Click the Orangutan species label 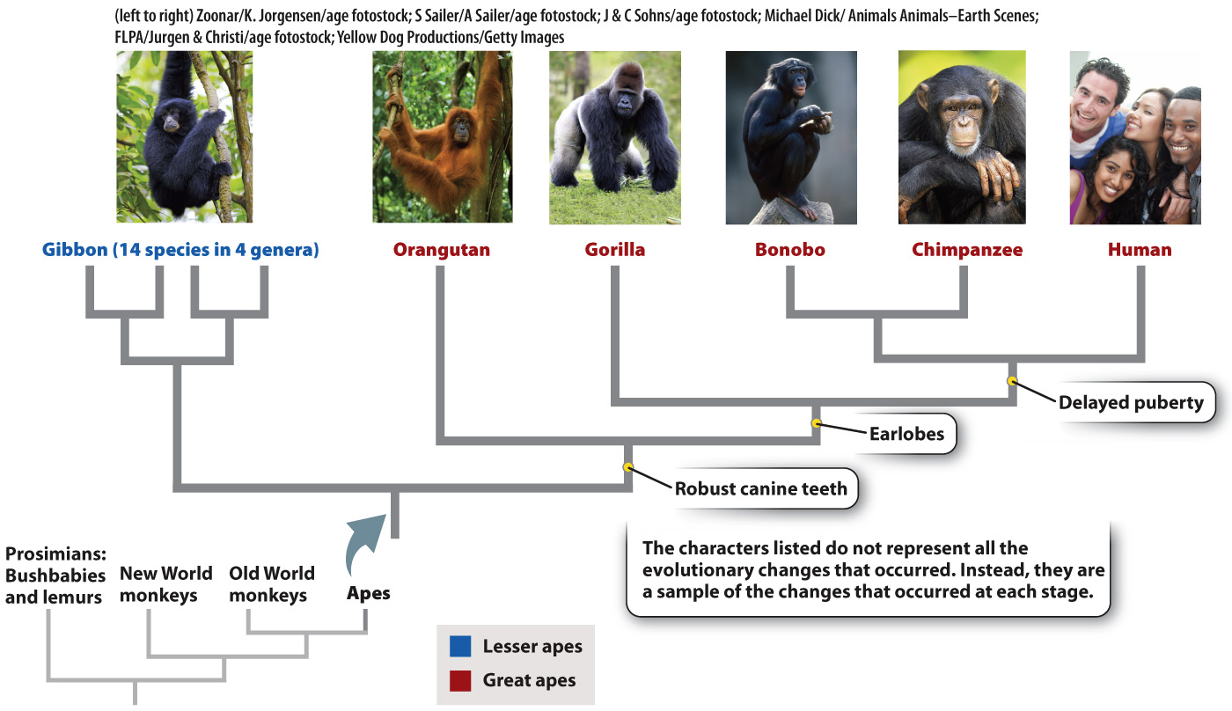pos(441,250)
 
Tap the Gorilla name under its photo pos(614,250)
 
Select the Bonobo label pos(789,250)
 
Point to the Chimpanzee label pos(967,250)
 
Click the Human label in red pos(1140,250)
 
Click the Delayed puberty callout pos(1130,403)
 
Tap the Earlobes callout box pos(906,434)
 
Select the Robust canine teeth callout pos(760,488)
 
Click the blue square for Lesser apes pos(459,647)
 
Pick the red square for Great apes pos(459,679)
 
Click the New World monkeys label pos(166,584)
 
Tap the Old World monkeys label pos(271,584)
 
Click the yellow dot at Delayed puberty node pos(1012,381)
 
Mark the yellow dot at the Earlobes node pos(817,423)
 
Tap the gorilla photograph pos(614,136)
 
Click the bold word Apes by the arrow pos(368,594)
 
